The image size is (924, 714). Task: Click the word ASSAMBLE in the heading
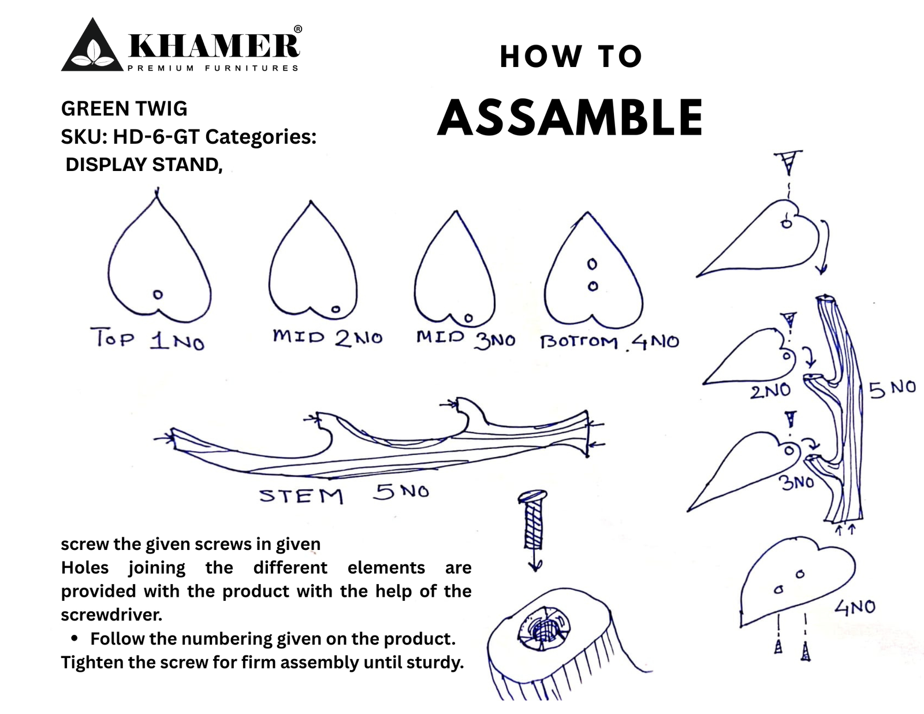tap(570, 118)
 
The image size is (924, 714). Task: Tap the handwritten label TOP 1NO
tap(147, 339)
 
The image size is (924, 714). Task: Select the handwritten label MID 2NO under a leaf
tap(327, 337)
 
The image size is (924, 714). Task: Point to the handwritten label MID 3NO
tap(465, 339)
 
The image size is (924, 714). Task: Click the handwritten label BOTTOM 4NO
tap(609, 341)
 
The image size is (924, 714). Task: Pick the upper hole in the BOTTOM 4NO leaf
tap(591, 265)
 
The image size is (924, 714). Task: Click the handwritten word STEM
tap(301, 496)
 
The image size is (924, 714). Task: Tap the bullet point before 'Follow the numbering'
tap(74, 638)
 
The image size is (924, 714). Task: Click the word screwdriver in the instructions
tap(111, 615)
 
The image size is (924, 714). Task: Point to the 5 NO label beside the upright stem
tap(892, 389)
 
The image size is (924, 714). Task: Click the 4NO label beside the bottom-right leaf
tap(855, 607)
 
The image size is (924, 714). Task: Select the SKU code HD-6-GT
tap(156, 137)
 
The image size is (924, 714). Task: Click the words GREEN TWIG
tap(124, 109)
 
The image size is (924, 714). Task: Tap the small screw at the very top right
tap(789, 162)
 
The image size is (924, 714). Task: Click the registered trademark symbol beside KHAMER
tap(297, 29)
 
